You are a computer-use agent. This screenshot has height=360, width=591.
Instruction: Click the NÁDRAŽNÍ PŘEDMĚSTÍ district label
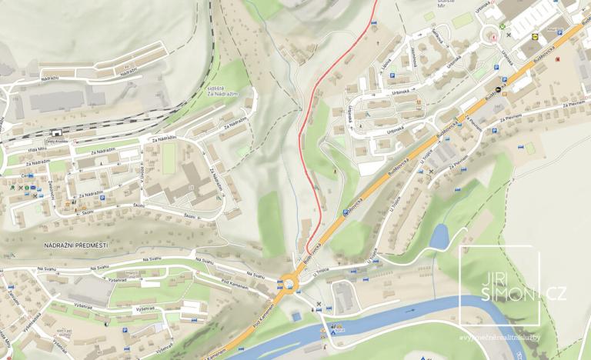pos(75,245)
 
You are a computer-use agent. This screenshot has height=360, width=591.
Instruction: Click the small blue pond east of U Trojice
pos(439,238)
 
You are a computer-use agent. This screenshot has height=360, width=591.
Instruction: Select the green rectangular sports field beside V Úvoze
pos(169,157)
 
